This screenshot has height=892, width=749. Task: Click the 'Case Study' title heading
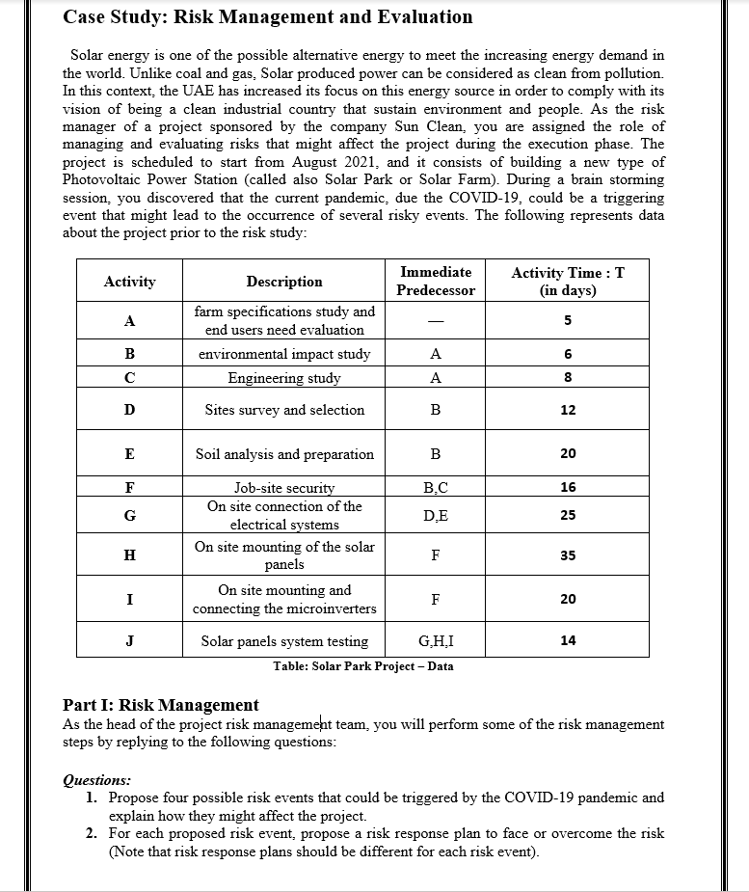point(267,17)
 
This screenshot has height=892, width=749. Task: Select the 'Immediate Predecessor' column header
point(436,282)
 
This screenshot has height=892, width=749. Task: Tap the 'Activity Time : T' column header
point(567,282)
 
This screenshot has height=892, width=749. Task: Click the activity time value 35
point(568,555)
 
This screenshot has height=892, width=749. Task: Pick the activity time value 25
point(568,515)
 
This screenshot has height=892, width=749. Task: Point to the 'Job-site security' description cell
point(284,488)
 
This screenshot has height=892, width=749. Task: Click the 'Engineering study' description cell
point(284,378)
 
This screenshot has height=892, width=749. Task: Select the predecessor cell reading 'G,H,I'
point(436,641)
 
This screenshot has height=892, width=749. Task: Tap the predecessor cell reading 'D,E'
point(436,516)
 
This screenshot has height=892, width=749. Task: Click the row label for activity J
point(129,641)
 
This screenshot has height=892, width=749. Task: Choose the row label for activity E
point(129,454)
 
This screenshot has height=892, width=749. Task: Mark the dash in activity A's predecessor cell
point(436,321)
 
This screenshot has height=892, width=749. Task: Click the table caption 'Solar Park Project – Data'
point(362,666)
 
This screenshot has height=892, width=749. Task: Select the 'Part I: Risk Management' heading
point(160,705)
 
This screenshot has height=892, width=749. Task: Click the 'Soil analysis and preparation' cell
point(284,454)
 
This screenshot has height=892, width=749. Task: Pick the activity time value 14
point(568,640)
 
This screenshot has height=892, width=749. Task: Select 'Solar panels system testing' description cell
point(284,641)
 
